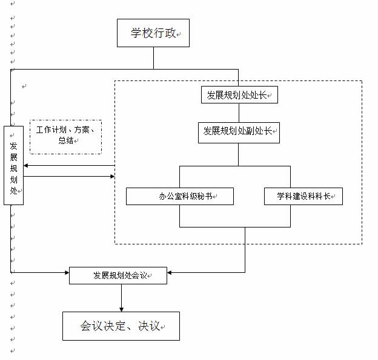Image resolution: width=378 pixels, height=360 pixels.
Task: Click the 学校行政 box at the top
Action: coord(153,33)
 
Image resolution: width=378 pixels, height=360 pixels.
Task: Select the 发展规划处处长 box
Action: coord(239,95)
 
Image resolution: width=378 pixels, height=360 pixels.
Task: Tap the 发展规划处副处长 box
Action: coord(239,132)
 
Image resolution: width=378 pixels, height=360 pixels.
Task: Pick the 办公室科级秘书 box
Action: coord(179,196)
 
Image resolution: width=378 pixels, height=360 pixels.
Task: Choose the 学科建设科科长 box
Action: coord(303,196)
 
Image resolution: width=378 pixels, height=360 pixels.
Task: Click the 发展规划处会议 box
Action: coord(118,275)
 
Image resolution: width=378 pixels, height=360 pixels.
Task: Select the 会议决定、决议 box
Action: coord(121,326)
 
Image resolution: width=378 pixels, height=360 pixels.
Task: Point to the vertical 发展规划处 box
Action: coord(13,165)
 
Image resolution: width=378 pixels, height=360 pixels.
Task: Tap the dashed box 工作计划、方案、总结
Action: coord(65,136)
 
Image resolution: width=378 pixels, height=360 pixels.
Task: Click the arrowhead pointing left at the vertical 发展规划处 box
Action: coord(26,165)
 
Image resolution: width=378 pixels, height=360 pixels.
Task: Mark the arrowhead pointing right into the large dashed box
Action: coord(112,177)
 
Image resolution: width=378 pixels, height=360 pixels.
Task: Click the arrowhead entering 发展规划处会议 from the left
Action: coord(67,272)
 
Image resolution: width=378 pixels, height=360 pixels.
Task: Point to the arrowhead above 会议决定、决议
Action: coord(121,309)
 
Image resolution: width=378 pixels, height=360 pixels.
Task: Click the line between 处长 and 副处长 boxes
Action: coord(239,113)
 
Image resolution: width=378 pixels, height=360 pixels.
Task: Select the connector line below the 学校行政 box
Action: coord(153,57)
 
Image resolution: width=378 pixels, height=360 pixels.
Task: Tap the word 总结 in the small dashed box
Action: coord(65,141)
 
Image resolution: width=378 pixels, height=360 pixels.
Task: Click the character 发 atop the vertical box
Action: coord(13,146)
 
